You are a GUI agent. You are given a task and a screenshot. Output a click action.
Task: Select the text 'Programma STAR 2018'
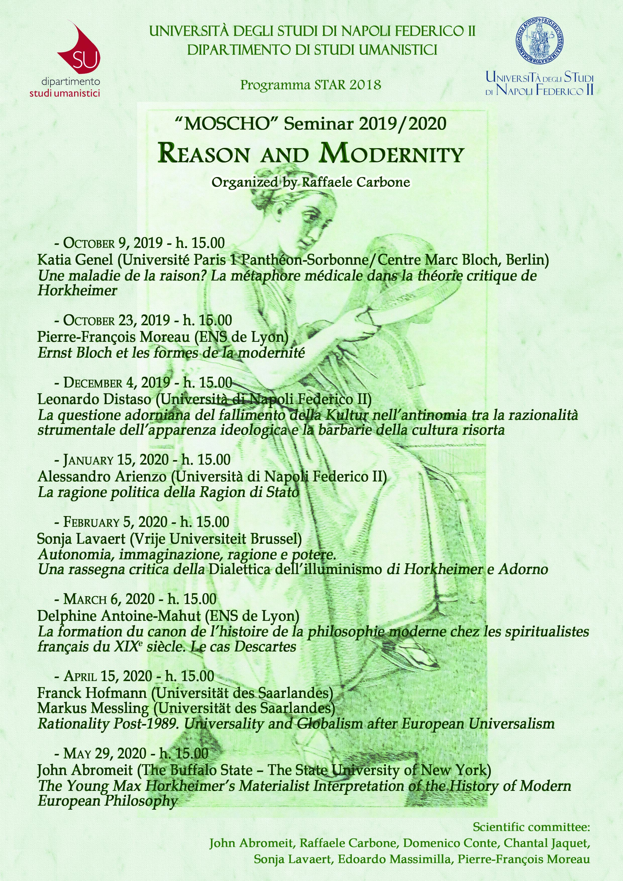[310, 84]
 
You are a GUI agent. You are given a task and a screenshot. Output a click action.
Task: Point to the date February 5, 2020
[115, 522]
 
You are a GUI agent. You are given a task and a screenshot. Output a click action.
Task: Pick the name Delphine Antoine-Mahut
[119, 616]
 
